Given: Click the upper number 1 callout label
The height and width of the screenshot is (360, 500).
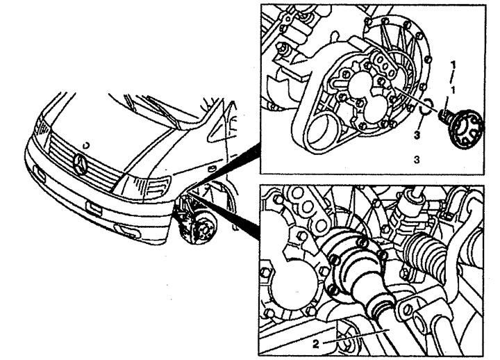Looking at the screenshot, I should [452, 63].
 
